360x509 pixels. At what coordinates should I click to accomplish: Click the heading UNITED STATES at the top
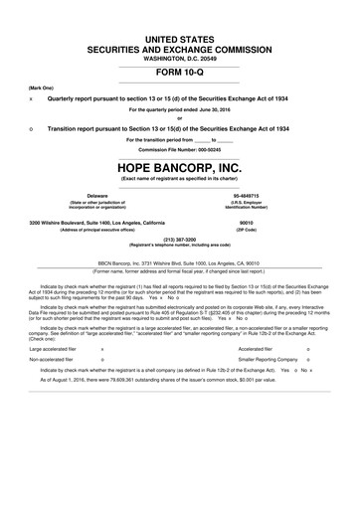point(180,36)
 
